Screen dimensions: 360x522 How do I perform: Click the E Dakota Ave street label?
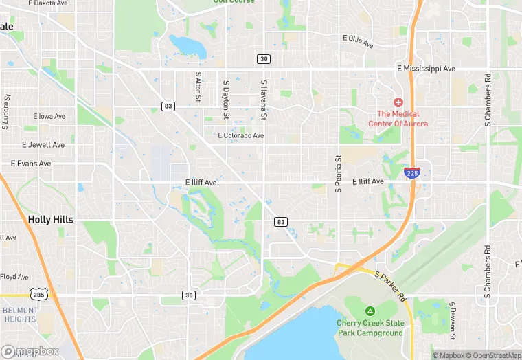[x=48, y=3]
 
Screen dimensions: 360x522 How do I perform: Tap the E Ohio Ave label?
[x=358, y=41]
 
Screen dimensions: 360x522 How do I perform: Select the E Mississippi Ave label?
[x=426, y=69]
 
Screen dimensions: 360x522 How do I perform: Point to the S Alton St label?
[x=198, y=88]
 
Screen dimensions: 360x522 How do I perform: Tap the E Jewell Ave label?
[x=43, y=145]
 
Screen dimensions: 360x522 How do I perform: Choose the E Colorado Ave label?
[x=240, y=135]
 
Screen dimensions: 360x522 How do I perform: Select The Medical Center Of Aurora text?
[x=398, y=119]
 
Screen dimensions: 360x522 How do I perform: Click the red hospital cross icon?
[x=398, y=102]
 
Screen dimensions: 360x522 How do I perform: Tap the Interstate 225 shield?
[x=412, y=172]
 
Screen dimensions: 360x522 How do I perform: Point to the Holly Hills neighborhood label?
[x=50, y=220]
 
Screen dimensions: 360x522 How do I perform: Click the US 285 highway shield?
[x=38, y=295]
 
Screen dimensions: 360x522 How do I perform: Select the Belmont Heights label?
[x=19, y=315]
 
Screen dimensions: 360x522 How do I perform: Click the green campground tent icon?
[x=370, y=311]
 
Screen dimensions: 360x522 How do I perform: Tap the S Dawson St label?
[x=452, y=319]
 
